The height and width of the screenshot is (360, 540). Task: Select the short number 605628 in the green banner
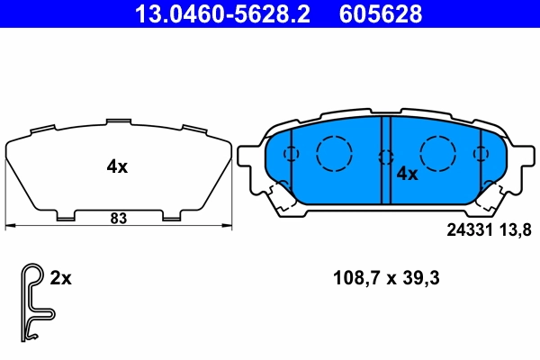click(x=379, y=13)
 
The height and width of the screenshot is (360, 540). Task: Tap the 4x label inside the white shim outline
click(x=118, y=166)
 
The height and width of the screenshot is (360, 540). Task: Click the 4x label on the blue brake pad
click(x=408, y=173)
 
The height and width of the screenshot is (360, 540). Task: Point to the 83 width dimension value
click(x=118, y=217)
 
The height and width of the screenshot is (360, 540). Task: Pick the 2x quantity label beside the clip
click(x=60, y=278)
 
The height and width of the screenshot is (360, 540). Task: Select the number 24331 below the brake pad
click(x=472, y=229)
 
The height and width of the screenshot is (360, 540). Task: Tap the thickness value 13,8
click(x=519, y=229)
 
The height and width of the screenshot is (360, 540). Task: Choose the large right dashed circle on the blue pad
click(x=439, y=150)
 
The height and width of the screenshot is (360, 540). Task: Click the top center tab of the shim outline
click(x=118, y=121)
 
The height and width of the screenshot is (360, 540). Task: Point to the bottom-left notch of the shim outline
click(x=66, y=216)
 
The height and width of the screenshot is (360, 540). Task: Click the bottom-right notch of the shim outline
click(x=171, y=216)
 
